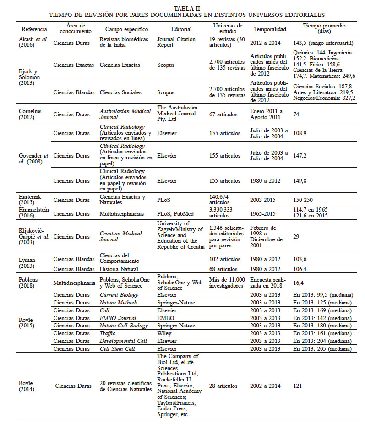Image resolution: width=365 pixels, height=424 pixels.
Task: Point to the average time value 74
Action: pos(297,114)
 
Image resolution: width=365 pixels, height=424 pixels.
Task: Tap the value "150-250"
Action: pos(304,200)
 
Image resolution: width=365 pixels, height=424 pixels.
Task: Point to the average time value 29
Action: pos(296,236)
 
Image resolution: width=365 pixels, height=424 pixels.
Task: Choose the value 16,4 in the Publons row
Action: pos(299,283)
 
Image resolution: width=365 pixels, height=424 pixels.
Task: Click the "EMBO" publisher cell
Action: pos(165,318)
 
